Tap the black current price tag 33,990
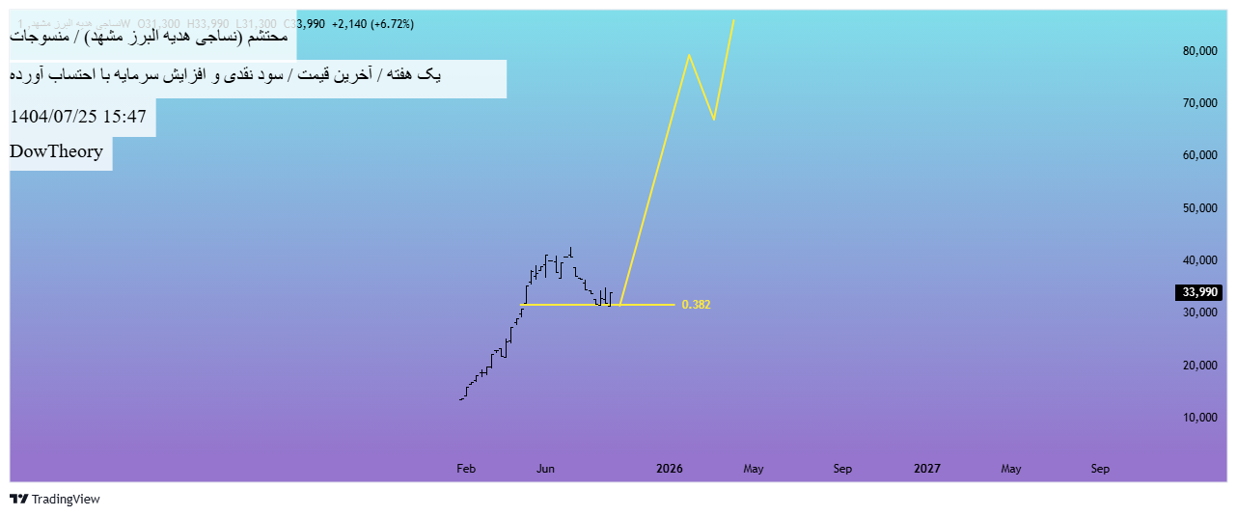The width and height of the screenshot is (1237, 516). [1198, 292]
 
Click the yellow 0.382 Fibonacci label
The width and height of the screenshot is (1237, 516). [696, 305]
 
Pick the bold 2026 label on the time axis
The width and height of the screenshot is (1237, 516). [669, 469]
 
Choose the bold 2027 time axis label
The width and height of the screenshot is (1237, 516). [927, 469]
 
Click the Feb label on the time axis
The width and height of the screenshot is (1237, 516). [466, 469]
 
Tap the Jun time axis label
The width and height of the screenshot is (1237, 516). [545, 469]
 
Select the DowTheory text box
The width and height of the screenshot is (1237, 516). [57, 151]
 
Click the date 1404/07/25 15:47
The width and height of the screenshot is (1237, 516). [78, 117]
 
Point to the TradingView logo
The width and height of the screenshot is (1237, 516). [55, 499]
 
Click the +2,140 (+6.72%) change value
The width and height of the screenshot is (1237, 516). [372, 24]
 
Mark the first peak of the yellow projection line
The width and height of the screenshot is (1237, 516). [689, 55]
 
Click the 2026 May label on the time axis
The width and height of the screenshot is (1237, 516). [753, 469]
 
